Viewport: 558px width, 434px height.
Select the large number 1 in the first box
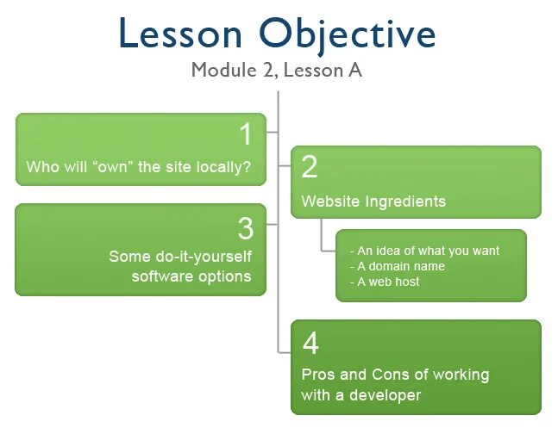246,135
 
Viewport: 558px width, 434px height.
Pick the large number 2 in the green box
310,167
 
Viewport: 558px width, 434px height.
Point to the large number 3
246,229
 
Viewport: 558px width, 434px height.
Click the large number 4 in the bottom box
310,344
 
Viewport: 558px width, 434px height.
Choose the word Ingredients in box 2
405,201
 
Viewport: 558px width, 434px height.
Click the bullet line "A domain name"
398,266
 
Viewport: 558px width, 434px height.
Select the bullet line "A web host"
385,282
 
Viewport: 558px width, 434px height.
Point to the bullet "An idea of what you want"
424,251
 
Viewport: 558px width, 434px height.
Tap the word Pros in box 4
317,375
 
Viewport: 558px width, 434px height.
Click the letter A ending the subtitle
354,70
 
